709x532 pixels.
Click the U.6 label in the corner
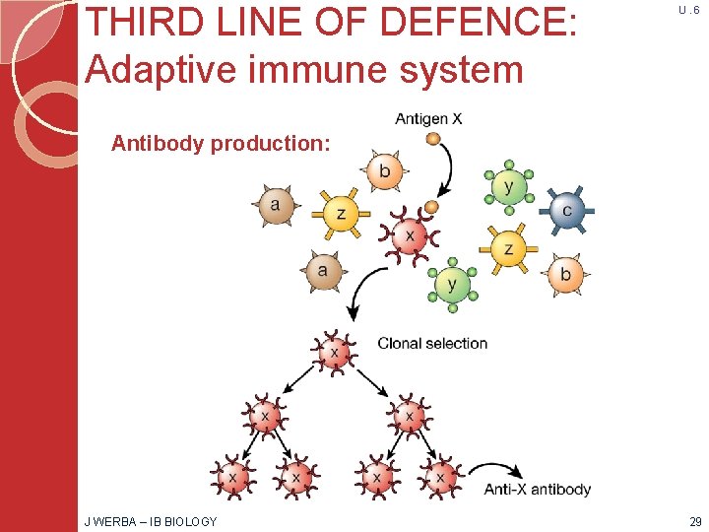[689, 9]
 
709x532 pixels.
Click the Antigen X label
[428, 119]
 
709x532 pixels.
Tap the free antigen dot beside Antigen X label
[432, 139]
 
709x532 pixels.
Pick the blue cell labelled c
[566, 211]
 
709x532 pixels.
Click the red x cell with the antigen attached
[409, 236]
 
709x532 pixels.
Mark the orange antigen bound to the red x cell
[430, 207]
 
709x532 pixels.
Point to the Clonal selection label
[432, 344]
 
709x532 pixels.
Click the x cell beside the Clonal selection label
[335, 353]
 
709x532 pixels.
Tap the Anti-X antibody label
[538, 489]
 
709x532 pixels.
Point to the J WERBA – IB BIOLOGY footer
[150, 520]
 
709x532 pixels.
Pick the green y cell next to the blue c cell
[507, 186]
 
